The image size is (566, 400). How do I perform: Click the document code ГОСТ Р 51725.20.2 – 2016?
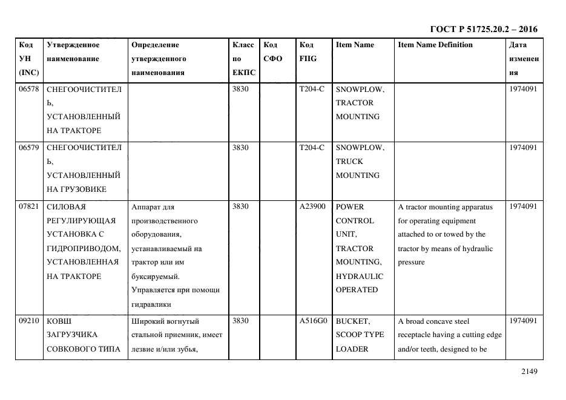click(483, 29)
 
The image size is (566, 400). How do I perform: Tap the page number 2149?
click(529, 372)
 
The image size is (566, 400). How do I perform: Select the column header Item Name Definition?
click(435, 45)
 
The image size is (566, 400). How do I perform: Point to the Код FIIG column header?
click(308, 51)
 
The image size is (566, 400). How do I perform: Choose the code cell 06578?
click(29, 89)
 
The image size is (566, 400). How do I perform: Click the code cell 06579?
click(29, 148)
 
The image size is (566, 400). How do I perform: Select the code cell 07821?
click(29, 206)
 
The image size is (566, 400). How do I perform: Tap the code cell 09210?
click(29, 321)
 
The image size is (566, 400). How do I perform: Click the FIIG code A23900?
click(312, 206)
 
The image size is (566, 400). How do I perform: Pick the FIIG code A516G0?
click(312, 321)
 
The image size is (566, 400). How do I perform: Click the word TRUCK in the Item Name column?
click(349, 162)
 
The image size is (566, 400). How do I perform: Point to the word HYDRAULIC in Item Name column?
click(359, 276)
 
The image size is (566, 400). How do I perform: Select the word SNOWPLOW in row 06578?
click(360, 89)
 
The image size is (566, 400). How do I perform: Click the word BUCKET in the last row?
click(352, 321)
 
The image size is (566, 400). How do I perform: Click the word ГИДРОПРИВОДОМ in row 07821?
click(84, 249)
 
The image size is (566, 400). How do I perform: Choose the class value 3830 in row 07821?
click(240, 206)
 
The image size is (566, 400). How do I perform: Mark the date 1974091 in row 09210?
click(524, 321)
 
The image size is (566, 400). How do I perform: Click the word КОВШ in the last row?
click(59, 321)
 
